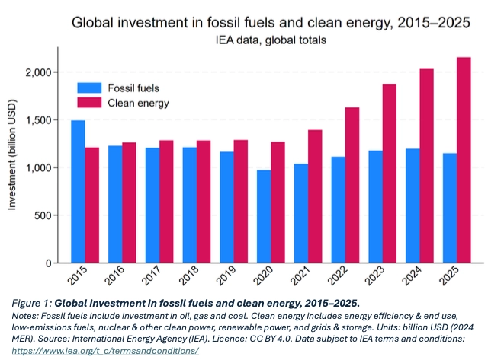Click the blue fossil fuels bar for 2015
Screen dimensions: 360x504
coord(78,191)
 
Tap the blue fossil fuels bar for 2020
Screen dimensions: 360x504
coord(264,216)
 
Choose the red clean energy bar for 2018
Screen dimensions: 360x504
coord(204,202)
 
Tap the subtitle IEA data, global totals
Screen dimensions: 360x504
coord(271,38)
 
